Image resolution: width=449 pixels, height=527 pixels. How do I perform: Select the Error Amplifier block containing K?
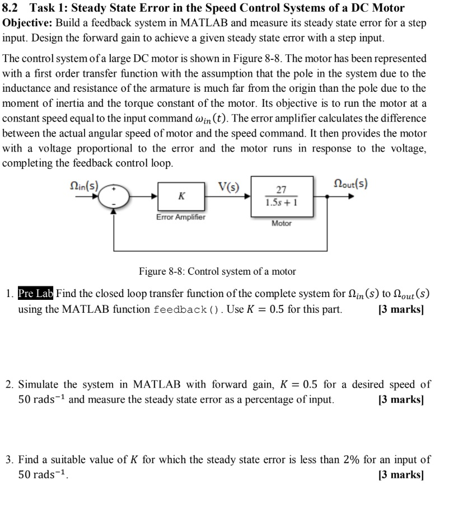(181, 196)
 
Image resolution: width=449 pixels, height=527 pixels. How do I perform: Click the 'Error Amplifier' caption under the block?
(181, 217)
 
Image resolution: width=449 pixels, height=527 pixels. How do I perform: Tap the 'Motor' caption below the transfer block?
(282, 223)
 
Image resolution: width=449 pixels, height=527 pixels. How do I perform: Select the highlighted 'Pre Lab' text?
(36, 293)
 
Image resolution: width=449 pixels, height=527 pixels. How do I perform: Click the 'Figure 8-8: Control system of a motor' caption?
(217, 271)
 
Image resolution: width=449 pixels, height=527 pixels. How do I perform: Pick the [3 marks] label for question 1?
(401, 309)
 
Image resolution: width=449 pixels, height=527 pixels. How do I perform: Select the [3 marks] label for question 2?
(401, 400)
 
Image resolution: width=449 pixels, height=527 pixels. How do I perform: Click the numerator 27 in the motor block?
(282, 190)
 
